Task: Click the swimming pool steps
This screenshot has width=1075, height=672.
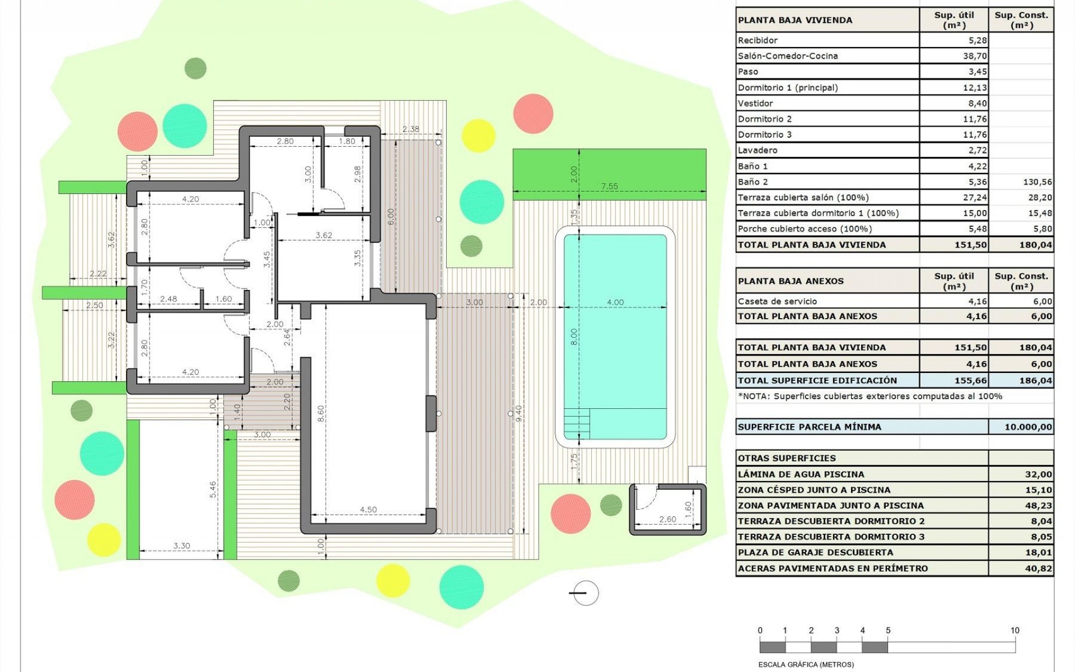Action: tap(577, 423)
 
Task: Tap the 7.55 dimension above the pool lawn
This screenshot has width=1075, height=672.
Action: tap(609, 186)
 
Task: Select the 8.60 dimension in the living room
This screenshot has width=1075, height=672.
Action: tap(321, 413)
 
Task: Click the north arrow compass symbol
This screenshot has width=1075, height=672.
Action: tap(585, 593)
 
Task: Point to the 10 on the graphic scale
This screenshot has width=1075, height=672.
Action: tap(1015, 631)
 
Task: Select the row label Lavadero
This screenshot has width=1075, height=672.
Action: tap(758, 150)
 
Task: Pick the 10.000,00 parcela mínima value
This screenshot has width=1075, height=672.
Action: tap(1028, 427)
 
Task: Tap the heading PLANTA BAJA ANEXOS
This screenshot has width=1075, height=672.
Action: tap(791, 281)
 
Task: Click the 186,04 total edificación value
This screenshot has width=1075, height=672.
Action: tap(1035, 380)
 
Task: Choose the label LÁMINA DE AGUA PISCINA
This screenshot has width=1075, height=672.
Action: tap(801, 474)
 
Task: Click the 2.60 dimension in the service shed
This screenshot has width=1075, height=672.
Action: tap(667, 519)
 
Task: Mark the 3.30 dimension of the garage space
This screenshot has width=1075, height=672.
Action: tap(181, 545)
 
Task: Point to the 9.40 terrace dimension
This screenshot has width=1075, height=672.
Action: tap(518, 413)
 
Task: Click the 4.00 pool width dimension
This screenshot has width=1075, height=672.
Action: tap(615, 302)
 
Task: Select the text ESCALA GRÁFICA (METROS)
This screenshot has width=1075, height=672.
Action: tap(806, 665)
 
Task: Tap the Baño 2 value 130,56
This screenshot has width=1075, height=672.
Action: tap(1037, 182)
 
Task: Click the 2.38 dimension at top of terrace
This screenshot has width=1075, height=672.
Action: tap(410, 129)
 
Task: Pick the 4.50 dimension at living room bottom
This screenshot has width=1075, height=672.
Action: tap(368, 510)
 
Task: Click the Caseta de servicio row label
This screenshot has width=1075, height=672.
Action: tap(777, 301)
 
